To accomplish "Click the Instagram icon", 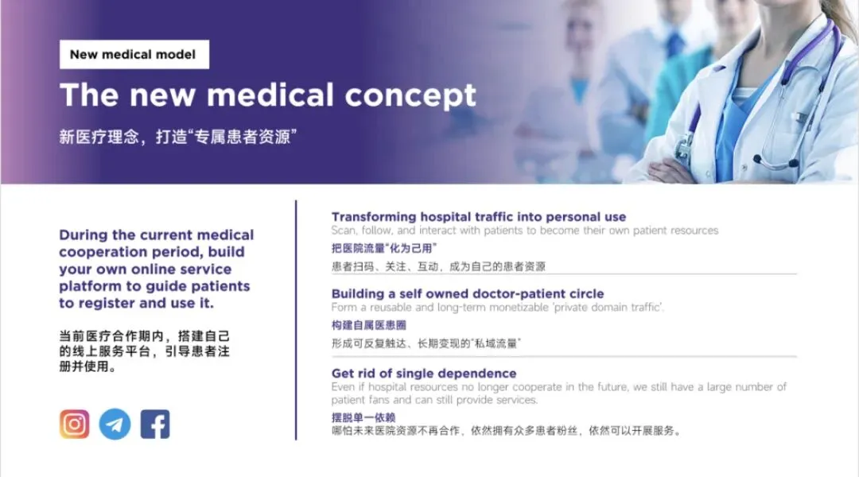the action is (75, 424).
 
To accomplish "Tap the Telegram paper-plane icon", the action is (115, 424).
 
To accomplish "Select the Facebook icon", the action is (155, 424).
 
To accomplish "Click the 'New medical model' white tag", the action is (134, 54).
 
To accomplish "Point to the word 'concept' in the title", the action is (410, 95).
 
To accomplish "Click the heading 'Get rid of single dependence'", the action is (424, 374).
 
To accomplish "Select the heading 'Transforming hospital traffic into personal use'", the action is (479, 217).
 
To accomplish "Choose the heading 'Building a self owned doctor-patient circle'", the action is (468, 293).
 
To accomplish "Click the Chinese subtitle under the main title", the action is (178, 137).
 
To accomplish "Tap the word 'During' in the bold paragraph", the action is (84, 235).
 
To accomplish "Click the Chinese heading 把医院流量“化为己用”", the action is (384, 248).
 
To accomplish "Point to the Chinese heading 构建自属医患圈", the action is (369, 325).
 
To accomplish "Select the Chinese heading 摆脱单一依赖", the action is (363, 417).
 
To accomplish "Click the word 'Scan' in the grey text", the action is (344, 231).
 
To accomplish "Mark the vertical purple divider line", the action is (296, 320).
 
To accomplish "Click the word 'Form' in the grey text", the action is (344, 307).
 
